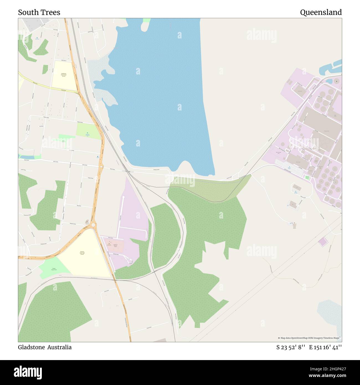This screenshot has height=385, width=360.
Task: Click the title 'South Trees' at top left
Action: pos(39,12)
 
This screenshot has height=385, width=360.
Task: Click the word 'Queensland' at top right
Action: pos(321,12)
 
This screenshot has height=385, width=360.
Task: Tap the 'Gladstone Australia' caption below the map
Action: pos(45,347)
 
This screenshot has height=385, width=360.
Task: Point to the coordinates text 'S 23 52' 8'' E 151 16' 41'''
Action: pos(309,347)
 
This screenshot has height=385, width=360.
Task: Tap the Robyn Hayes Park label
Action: pos(54,269)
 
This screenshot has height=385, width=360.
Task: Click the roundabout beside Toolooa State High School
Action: pos(93,225)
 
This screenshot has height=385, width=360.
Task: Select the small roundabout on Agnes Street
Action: pos(102,167)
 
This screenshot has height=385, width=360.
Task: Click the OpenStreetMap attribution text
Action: pos(309,338)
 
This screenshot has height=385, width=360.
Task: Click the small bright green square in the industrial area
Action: pos(307,177)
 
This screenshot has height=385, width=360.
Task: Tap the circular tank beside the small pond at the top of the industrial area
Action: pos(336,81)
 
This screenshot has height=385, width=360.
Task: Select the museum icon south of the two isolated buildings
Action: pos(294,223)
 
